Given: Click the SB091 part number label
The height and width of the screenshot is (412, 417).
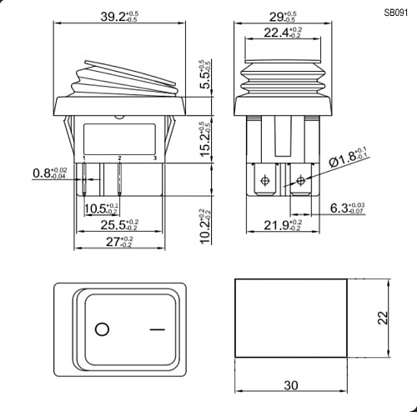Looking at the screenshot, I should tap(396, 13).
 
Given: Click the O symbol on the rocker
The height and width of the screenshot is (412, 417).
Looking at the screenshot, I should tap(103, 329).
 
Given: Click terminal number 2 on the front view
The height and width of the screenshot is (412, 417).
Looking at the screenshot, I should tap(120, 157).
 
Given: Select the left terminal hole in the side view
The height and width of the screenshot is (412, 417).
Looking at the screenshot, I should tap(266, 179).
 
